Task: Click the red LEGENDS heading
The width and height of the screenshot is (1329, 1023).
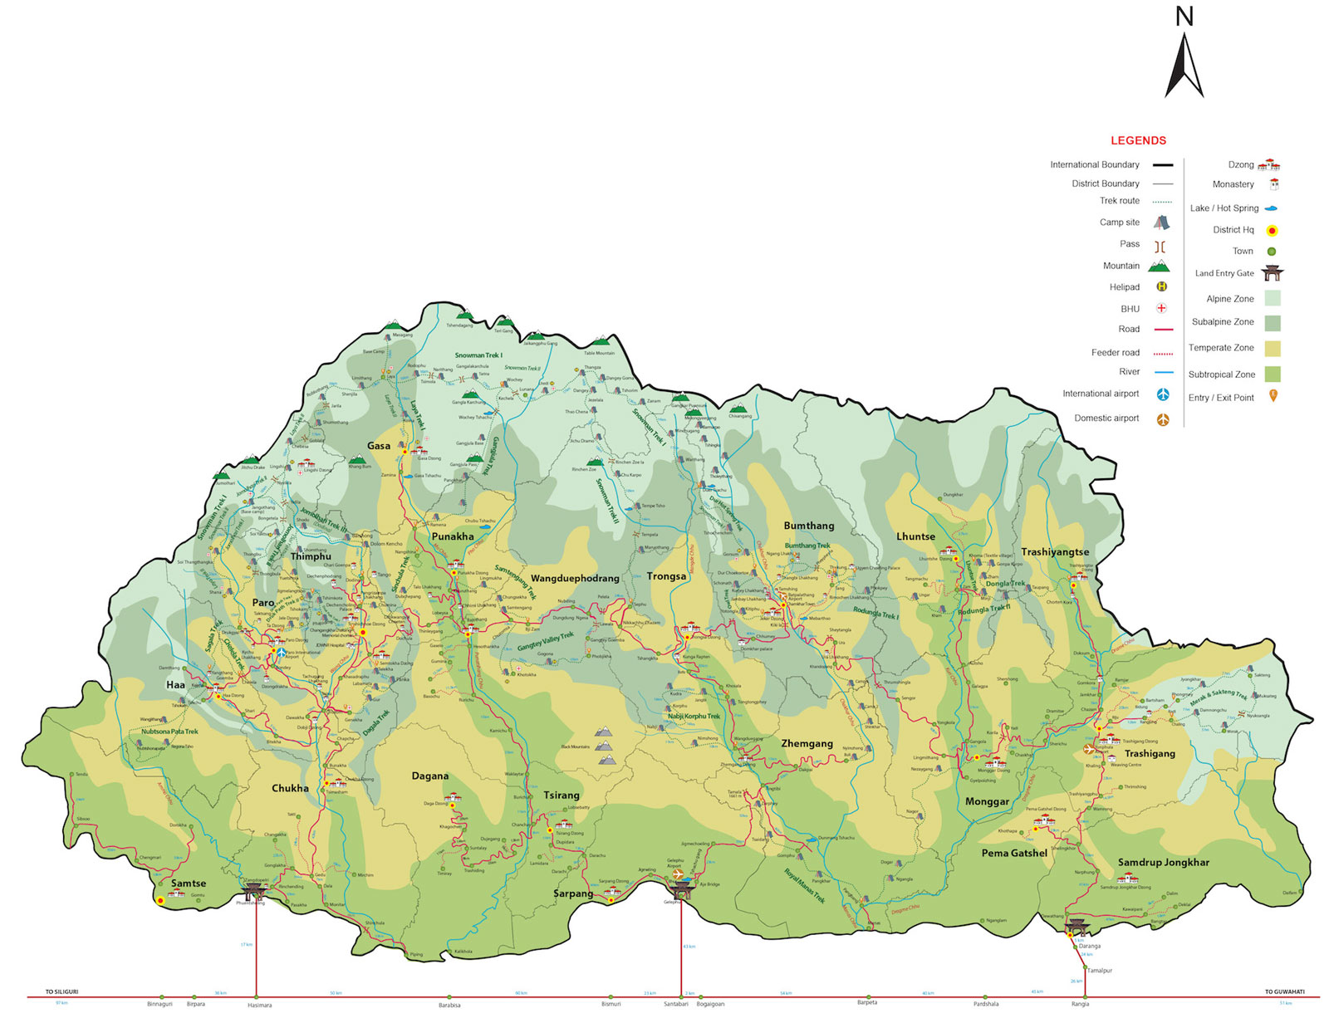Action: (1138, 140)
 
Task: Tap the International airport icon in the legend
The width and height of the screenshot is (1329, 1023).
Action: (1163, 394)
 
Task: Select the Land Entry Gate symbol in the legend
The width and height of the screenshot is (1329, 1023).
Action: (1272, 273)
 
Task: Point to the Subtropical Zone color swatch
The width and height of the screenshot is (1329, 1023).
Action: (1272, 374)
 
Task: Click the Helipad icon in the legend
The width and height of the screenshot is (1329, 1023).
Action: (1162, 287)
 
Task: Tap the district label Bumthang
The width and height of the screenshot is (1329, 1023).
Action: (808, 526)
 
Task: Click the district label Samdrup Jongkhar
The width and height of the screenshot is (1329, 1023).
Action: (1163, 862)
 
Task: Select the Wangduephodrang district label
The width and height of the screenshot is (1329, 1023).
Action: (575, 578)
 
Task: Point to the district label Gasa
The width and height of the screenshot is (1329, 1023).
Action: (379, 446)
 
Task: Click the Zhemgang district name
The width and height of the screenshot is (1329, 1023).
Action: (807, 743)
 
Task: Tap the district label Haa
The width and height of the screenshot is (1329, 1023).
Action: (175, 685)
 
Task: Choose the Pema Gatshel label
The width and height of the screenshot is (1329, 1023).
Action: (1013, 853)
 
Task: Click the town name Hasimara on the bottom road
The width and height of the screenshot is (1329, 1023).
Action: (259, 1005)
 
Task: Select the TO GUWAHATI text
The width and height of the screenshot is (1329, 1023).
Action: (1284, 991)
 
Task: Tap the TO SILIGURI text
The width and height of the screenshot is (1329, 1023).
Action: (61, 991)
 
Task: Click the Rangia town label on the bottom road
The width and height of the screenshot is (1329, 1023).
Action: (1080, 1004)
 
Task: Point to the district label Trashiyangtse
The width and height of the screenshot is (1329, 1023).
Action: (1055, 551)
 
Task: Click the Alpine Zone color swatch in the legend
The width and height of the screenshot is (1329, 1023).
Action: (1272, 298)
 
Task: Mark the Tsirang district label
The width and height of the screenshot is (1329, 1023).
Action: (562, 795)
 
